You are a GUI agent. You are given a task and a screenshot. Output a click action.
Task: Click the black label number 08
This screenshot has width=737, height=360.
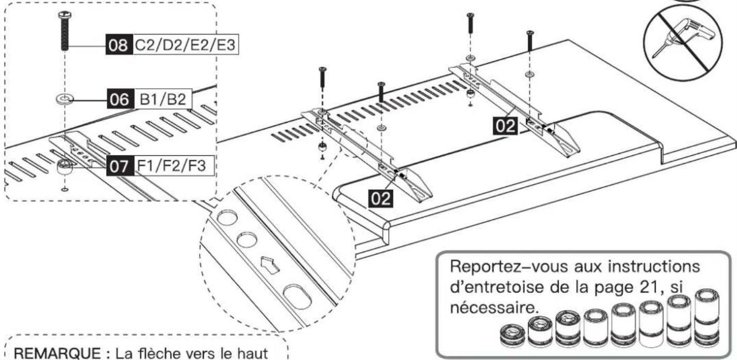pos(119,44)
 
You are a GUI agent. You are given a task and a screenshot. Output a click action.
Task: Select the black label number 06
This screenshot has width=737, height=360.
pos(120,99)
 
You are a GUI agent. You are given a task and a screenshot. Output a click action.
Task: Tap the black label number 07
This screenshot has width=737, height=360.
pos(120,166)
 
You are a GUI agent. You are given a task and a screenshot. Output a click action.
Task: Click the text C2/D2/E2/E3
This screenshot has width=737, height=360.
pos(185,44)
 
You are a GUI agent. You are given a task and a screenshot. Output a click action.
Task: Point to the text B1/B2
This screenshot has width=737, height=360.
pos(162,99)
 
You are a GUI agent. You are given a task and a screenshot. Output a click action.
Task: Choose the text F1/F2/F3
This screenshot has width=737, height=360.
pos(171,165)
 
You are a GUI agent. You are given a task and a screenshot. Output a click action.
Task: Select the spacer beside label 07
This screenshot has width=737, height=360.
pos(65,167)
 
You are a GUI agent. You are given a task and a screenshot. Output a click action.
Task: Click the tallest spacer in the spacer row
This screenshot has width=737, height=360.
pos(707,317)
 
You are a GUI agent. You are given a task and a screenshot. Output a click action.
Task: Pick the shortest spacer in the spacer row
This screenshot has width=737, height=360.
pos(512,335)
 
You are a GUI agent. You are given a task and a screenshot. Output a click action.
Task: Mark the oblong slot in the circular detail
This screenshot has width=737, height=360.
pos(297,297)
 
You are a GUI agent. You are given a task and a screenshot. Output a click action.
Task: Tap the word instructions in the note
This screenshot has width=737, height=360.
pos(653,267)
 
